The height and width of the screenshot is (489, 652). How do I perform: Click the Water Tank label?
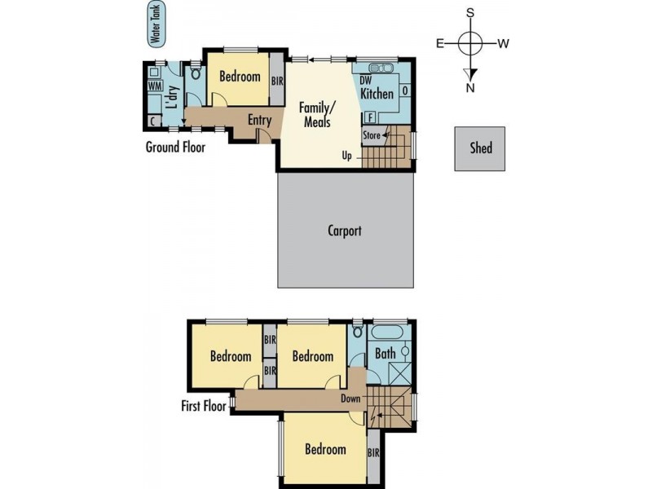coord(156,24)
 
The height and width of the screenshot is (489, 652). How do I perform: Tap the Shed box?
coord(479,148)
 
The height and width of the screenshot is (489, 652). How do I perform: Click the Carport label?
coord(344,231)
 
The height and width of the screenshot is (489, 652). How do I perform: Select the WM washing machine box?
coord(155,86)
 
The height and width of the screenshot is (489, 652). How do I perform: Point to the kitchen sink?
coord(380,68)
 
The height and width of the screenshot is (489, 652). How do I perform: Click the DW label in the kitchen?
coord(365,80)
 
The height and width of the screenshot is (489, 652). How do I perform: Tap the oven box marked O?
coord(405,90)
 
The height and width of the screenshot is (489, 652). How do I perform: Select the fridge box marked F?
coord(370,117)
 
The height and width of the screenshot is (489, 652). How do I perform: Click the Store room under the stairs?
coord(372,135)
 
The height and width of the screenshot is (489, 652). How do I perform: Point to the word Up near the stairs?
coord(347,156)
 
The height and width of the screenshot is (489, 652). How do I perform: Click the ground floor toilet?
coord(195,73)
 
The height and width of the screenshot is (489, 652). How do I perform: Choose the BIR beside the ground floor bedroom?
coord(277,80)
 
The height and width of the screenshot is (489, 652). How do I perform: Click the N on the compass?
coord(470,88)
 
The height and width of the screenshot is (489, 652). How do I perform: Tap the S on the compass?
coord(470,13)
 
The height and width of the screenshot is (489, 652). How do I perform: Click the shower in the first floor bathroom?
coord(400,374)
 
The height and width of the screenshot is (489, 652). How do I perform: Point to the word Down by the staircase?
coord(350,399)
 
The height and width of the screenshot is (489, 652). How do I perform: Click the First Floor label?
coord(204,406)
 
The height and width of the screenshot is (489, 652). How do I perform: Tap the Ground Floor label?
coord(175,147)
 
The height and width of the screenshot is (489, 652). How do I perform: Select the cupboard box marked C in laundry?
coord(154,121)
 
